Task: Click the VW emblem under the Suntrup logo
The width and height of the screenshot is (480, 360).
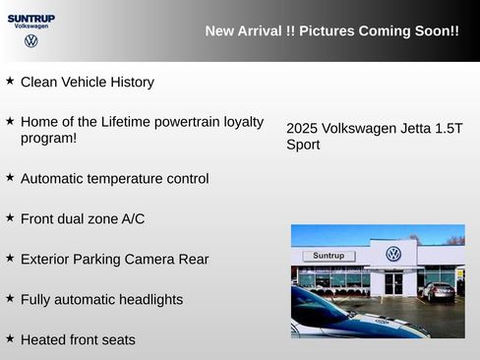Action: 30,41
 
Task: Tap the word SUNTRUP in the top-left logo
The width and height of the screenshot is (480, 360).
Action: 30,18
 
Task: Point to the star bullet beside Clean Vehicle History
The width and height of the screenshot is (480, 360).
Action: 10,81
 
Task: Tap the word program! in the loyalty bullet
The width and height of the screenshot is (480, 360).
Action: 48,139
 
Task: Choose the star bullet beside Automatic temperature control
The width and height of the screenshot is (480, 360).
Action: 10,178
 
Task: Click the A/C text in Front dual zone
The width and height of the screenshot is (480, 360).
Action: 132,218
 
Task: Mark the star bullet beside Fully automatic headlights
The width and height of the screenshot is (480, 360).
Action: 10,298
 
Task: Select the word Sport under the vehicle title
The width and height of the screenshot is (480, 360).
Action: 303,146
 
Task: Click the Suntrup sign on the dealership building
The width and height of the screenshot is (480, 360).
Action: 328,256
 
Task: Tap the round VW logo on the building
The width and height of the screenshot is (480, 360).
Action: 393,254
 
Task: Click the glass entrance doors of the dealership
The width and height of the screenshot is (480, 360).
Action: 393,283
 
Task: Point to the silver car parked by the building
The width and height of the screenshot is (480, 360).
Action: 437,290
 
